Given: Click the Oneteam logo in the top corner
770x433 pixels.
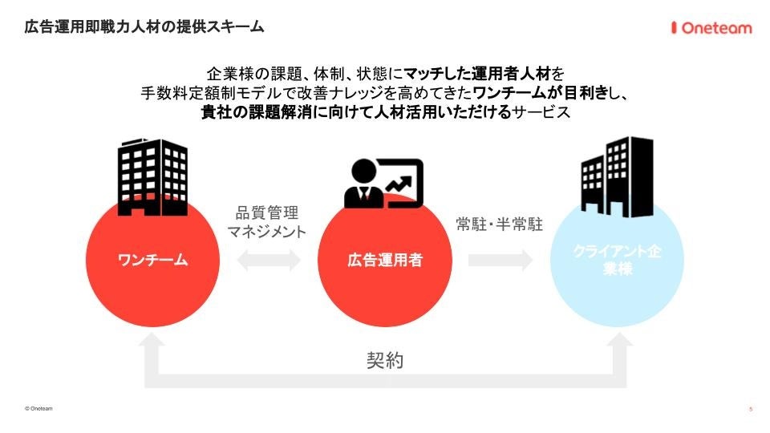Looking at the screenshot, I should pyautogui.click(x=711, y=28).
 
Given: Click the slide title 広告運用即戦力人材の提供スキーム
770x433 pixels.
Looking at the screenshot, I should pyautogui.click(x=144, y=27).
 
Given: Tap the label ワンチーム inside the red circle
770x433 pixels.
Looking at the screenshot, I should pyautogui.click(x=152, y=260).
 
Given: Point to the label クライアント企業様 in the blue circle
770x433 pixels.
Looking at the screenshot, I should pyautogui.click(x=618, y=261).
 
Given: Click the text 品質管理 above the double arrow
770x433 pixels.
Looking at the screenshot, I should pyautogui.click(x=266, y=213).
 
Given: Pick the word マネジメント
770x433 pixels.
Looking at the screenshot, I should pyautogui.click(x=266, y=233).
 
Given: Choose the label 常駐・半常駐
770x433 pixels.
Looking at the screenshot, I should pyautogui.click(x=500, y=225).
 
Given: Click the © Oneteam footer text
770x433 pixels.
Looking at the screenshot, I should pyautogui.click(x=39, y=408).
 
